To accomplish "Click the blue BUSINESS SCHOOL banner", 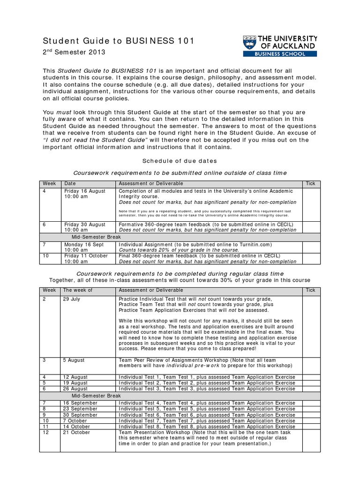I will click(x=280, y=54).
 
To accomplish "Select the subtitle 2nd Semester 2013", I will click(x=74, y=52).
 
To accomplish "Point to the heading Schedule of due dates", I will click(x=180, y=161).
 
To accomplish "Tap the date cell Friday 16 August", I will click(x=85, y=191).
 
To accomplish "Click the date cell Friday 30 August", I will click(x=85, y=225).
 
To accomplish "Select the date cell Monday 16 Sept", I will click(x=84, y=245).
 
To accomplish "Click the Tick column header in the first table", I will click(x=310, y=183).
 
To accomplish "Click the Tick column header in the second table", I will click(x=310, y=290).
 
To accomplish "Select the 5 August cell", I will click(x=74, y=360).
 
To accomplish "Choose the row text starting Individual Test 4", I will click(x=207, y=403).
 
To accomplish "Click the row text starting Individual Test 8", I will click(x=207, y=427).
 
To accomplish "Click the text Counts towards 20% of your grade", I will click(x=179, y=250).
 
